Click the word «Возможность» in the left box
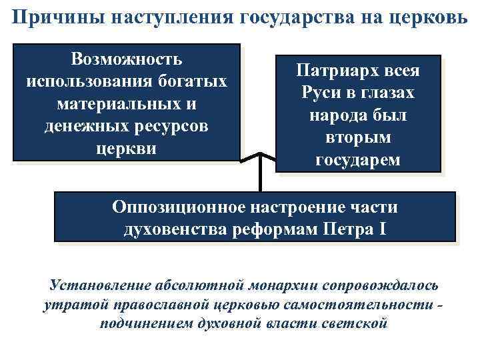pyautogui.click(x=127, y=59)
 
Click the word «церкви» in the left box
pyautogui.click(x=127, y=148)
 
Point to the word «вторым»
pyautogui.click(x=359, y=137)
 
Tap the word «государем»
pyautogui.click(x=359, y=159)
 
